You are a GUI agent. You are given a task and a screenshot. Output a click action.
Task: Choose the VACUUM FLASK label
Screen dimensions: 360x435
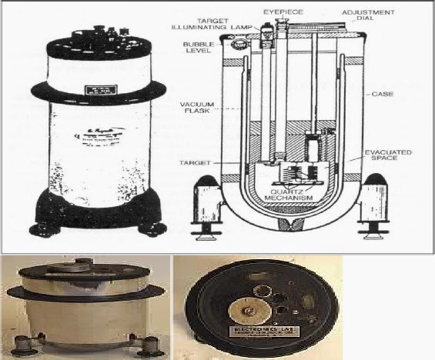196,108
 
